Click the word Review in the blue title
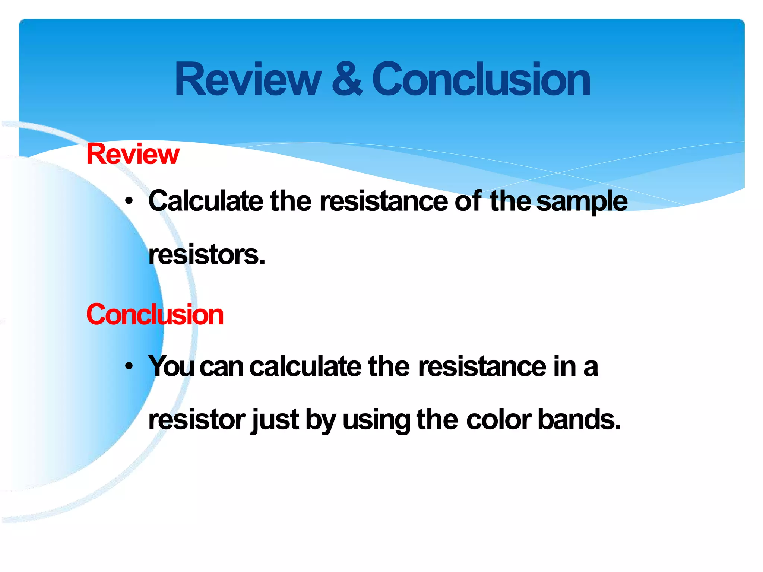[x=248, y=79]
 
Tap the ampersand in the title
[x=346, y=79]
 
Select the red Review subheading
[x=133, y=154]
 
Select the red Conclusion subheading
[x=155, y=315]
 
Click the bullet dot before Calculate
[x=129, y=201]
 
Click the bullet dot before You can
[x=129, y=366]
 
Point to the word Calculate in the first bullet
[x=206, y=201]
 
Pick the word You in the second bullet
[x=171, y=366]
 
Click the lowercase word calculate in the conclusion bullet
[x=305, y=366]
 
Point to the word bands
[x=579, y=420]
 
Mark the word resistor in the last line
[x=197, y=420]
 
